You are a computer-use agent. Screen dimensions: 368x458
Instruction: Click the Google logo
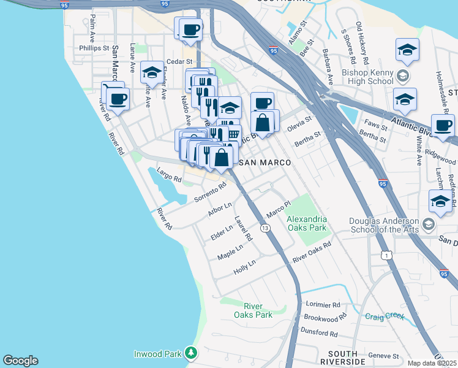20,361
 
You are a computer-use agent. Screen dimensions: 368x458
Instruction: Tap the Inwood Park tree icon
192,353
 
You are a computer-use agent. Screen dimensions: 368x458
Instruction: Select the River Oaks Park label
257,310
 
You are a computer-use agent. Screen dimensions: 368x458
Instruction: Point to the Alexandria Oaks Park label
307,223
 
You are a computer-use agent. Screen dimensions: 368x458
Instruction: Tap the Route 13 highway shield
265,228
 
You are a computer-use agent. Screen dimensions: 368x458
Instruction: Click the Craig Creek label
385,316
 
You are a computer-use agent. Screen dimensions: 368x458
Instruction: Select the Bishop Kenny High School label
367,77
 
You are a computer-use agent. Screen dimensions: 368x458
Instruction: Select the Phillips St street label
94,47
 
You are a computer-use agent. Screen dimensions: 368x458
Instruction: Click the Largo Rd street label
169,175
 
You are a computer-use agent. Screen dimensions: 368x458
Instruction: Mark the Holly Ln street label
244,267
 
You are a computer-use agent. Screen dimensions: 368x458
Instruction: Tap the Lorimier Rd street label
323,304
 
